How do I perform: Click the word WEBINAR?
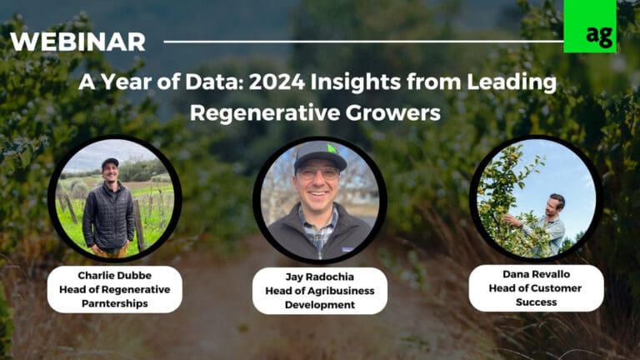pos(77,42)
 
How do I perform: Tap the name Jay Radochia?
pos(319,277)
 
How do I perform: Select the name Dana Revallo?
pos(535,274)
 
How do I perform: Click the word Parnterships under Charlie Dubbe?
pos(114,302)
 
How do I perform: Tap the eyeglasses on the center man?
pos(320,173)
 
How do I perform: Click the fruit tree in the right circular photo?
pos(508,200)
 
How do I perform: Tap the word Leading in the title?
pos(520,83)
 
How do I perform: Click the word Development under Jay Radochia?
pos(319,304)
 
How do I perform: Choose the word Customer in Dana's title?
pos(554,288)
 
